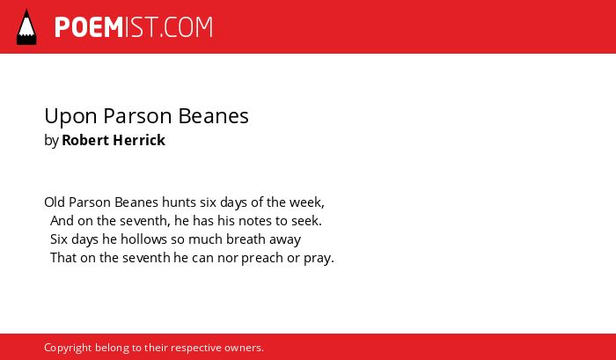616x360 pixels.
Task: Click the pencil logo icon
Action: click(26, 27)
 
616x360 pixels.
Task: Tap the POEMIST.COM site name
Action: click(134, 27)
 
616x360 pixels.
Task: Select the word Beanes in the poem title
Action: click(213, 116)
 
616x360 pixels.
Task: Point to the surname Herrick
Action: click(139, 140)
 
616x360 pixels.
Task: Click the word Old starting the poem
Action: click(55, 202)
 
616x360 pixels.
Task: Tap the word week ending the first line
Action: click(306, 202)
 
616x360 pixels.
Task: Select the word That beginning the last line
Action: click(63, 257)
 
